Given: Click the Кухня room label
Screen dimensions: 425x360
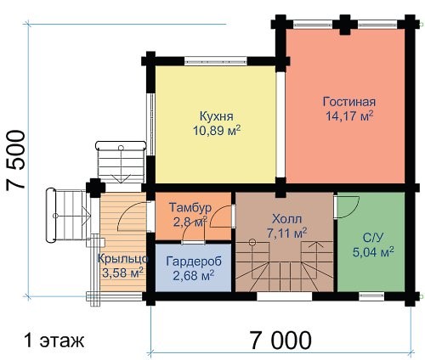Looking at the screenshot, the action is pyautogui.click(x=217, y=116).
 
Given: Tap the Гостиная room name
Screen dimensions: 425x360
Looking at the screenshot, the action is pyautogui.click(x=349, y=102).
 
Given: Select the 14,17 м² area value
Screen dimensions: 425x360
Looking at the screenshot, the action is pyautogui.click(x=349, y=115).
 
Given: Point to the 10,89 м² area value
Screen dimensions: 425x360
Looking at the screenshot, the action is pyautogui.click(x=217, y=131).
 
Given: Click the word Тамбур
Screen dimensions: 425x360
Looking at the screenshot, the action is pyautogui.click(x=190, y=207).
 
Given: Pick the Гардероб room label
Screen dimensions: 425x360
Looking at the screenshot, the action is pyautogui.click(x=194, y=262).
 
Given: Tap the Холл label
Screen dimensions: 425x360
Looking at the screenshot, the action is pyautogui.click(x=286, y=219).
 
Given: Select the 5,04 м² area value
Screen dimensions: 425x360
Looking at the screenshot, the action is pyautogui.click(x=373, y=252).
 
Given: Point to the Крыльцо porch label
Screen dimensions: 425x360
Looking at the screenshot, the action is pyautogui.click(x=122, y=259).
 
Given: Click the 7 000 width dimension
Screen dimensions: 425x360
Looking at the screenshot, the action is pyautogui.click(x=280, y=340).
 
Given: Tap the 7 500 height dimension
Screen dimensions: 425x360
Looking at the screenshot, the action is pyautogui.click(x=16, y=160).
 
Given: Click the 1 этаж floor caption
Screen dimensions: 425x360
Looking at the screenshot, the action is pyautogui.click(x=54, y=340).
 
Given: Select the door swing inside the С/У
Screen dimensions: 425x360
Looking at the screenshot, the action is pyautogui.click(x=347, y=207).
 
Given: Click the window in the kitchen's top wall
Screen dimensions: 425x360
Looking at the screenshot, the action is pyautogui.click(x=215, y=61).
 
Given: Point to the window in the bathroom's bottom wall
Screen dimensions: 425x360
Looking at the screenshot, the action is pyautogui.click(x=371, y=296).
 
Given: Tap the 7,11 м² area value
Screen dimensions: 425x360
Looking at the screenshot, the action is pyautogui.click(x=286, y=233).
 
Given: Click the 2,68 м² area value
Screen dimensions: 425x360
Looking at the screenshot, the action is pyautogui.click(x=194, y=275).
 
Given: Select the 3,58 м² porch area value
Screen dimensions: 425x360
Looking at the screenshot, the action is pyautogui.click(x=122, y=273).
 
